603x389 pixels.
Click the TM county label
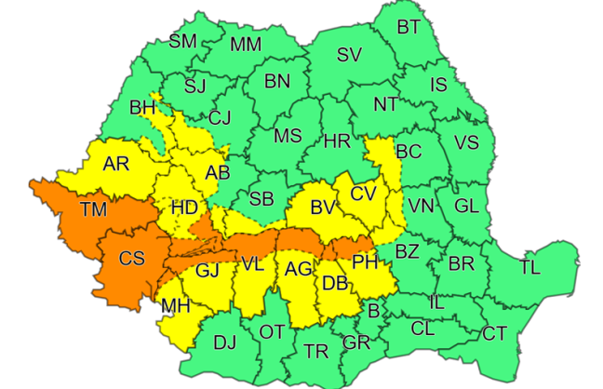pos(93,208)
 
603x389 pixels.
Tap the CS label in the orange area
pos(131,259)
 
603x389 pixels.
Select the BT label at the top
pos(409,27)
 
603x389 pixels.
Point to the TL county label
pos(529,268)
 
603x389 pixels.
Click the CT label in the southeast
pos(495,333)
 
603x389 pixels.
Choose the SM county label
pos(183,41)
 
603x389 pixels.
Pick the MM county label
pos(246,45)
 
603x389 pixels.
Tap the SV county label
pos(349,55)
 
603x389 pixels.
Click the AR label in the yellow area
pos(116,164)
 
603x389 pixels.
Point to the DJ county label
pos(224,342)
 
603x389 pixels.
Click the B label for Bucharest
pos(372,311)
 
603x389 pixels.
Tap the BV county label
pos(323,205)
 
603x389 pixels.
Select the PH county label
pos(365,263)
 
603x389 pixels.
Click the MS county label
pos(288,136)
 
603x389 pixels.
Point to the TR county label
pos(316,351)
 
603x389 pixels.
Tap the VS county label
pos(466,142)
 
